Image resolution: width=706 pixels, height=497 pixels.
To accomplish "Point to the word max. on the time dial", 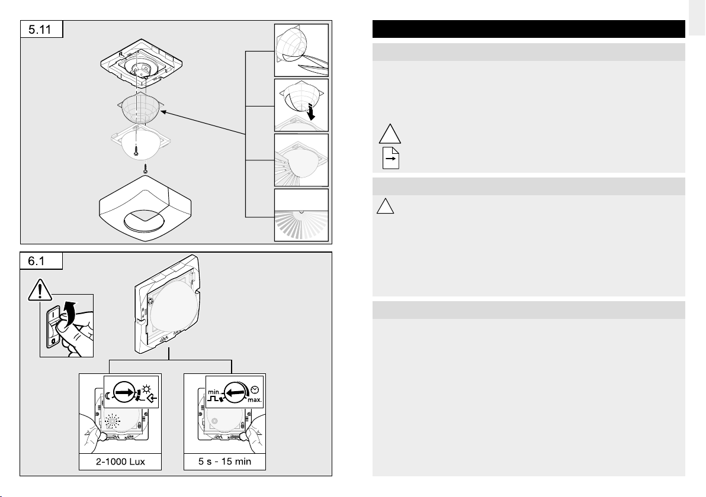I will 255,401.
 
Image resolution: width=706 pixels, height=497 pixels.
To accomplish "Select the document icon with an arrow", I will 390,159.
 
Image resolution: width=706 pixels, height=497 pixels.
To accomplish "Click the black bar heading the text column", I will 528,29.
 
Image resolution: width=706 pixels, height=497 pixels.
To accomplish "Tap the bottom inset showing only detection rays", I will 301,215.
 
